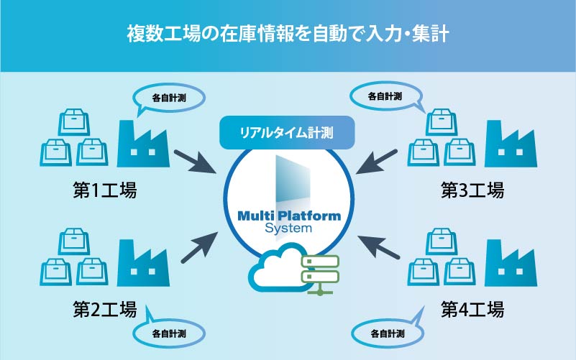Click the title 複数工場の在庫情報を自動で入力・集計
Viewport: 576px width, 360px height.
coord(288,34)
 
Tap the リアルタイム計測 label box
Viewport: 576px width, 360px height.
coord(288,131)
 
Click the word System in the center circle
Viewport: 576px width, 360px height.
coord(288,229)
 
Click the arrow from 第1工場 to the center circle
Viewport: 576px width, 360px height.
coord(195,161)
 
